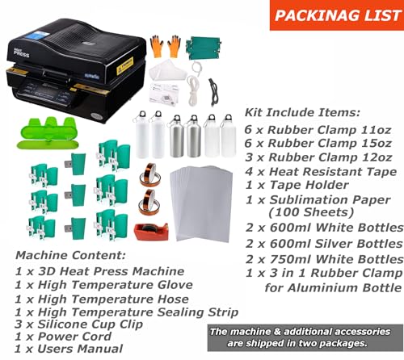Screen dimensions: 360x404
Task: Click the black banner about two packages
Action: pos(304,337)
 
